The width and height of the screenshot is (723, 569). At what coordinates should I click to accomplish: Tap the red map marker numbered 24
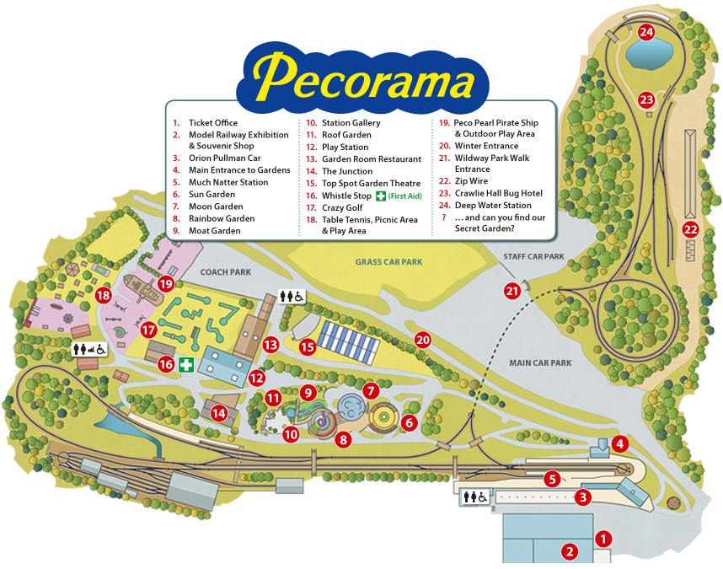pos(646,33)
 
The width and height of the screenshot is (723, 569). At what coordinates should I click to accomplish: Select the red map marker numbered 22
pos(691,229)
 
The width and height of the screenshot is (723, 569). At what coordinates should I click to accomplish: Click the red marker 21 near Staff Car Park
pos(512,291)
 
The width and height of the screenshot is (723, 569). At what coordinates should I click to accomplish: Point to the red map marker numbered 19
pos(165,284)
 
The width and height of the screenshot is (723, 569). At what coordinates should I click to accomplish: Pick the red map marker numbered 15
pos(308,346)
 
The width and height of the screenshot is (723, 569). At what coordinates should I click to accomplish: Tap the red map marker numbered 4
pos(619,443)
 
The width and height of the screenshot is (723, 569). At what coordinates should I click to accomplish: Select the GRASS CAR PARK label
pos(388,262)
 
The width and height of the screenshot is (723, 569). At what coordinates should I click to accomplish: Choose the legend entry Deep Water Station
pos(493,205)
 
